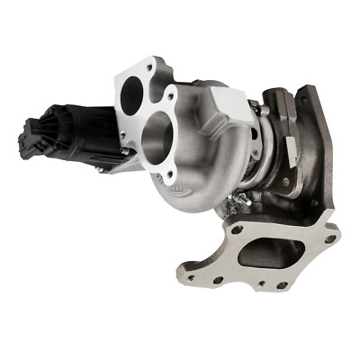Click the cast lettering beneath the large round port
pos(180,191)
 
